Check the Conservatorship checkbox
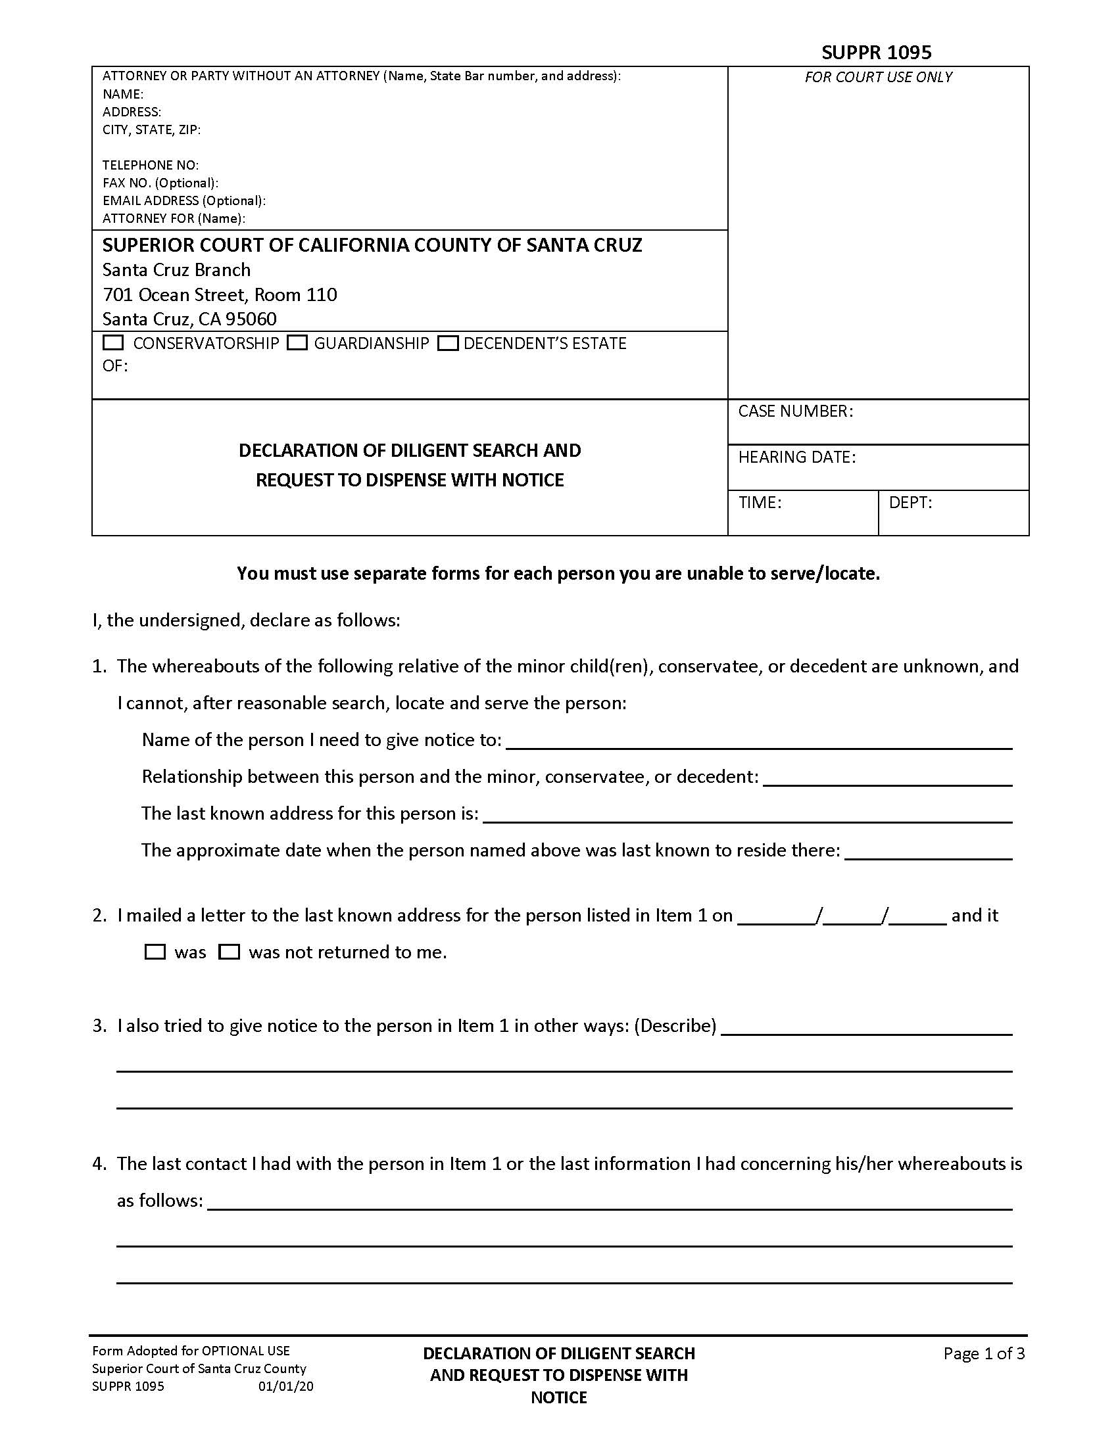click(x=114, y=343)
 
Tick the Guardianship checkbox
click(x=297, y=343)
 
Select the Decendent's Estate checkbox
click(x=449, y=343)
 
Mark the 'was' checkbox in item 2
click(x=155, y=952)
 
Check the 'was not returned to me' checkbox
click(x=229, y=952)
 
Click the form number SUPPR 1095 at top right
click(x=876, y=53)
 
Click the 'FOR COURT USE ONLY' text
click(x=878, y=78)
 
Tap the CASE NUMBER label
click(x=796, y=411)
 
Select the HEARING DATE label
click(x=797, y=457)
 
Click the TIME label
click(x=760, y=503)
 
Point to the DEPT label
click(x=910, y=503)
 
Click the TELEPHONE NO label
click(x=151, y=165)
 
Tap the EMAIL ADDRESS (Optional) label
click(x=183, y=200)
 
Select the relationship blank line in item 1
click(x=888, y=778)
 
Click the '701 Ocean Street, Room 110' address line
click(x=219, y=294)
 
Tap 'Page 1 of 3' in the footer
click(x=984, y=1353)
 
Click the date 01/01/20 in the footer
click(x=285, y=1386)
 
